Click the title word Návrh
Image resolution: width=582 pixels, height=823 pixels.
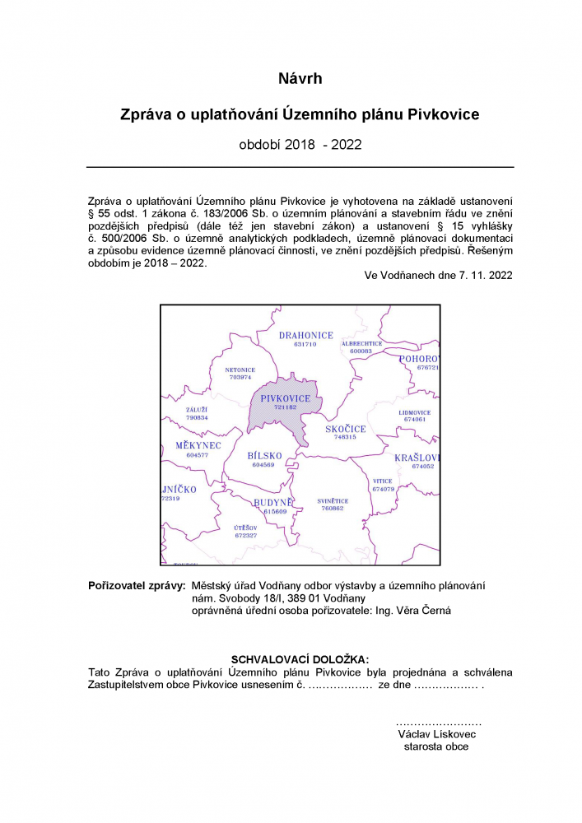click(x=300, y=79)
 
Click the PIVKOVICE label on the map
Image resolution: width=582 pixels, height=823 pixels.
click(x=286, y=398)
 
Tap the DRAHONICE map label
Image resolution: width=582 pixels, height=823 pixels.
click(x=305, y=336)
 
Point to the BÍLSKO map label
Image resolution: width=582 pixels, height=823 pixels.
click(x=264, y=456)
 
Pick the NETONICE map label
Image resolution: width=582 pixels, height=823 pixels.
click(x=240, y=370)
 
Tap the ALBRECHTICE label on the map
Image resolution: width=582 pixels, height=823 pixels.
click(x=362, y=343)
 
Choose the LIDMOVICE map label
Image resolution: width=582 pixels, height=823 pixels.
click(x=414, y=412)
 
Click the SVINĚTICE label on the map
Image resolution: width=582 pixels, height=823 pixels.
click(x=333, y=501)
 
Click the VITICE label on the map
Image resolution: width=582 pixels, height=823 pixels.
click(x=383, y=481)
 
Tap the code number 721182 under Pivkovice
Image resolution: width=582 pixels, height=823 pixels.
click(x=285, y=407)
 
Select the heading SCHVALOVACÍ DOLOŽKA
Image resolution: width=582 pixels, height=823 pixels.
click(x=300, y=659)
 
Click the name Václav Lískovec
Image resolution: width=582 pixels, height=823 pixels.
click(x=436, y=733)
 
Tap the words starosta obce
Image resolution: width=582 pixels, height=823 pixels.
click(x=436, y=746)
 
